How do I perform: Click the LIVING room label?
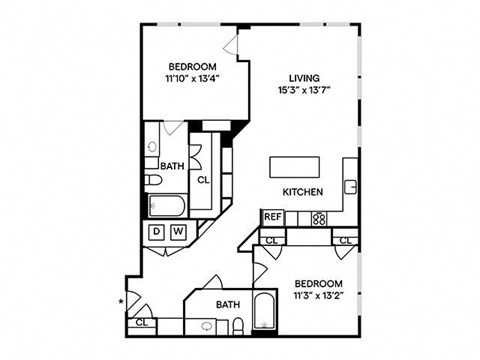click(x=304, y=77)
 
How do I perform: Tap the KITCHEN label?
click(x=301, y=192)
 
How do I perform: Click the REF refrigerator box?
click(x=272, y=216)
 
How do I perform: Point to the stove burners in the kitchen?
click(x=319, y=217)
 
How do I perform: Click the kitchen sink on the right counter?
click(x=351, y=186)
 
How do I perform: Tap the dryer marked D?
click(x=157, y=233)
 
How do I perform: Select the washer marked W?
click(x=178, y=233)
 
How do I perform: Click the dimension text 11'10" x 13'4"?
click(x=194, y=81)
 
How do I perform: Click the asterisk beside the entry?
click(x=122, y=300)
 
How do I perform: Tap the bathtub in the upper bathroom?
click(x=165, y=206)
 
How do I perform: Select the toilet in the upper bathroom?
click(x=154, y=180)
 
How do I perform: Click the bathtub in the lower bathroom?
click(x=265, y=311)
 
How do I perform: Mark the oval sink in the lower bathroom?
click(x=207, y=326)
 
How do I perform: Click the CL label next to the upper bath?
click(x=203, y=180)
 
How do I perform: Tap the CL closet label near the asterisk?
click(x=142, y=322)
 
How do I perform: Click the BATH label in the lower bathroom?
click(x=227, y=305)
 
